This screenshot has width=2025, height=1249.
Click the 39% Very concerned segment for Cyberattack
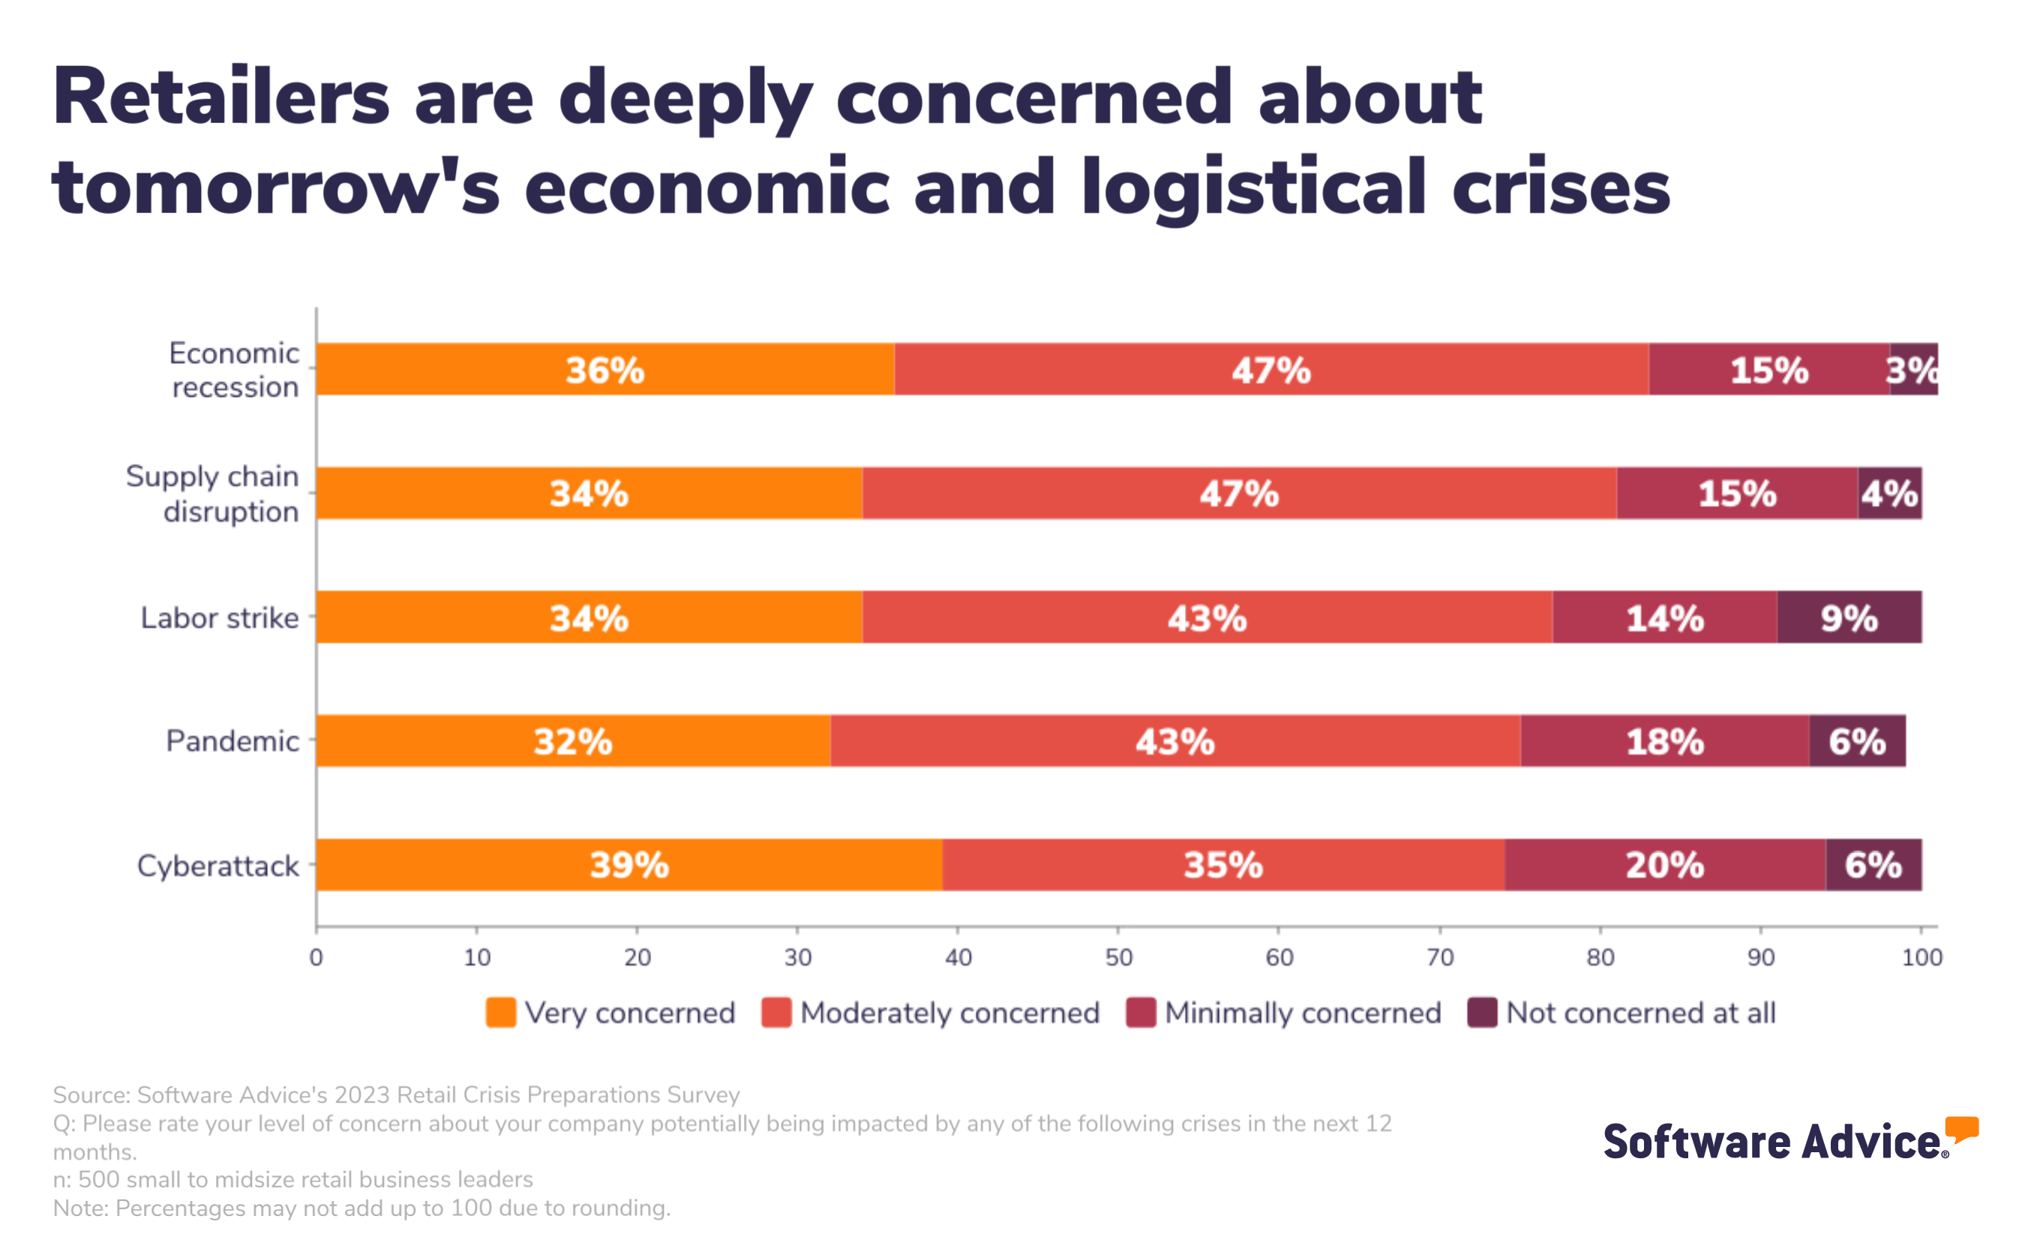(628, 865)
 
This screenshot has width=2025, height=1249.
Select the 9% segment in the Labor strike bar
(1848, 617)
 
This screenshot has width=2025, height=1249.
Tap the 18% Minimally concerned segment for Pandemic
(1664, 741)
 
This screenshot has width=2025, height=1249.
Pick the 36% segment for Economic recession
(604, 369)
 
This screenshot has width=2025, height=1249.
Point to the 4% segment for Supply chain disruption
(1888, 493)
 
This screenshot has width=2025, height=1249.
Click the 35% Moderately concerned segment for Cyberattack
(1222, 865)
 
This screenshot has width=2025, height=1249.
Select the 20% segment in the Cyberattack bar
(1664, 865)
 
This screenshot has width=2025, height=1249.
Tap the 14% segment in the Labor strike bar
(1664, 617)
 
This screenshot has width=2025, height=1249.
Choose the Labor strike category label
(219, 618)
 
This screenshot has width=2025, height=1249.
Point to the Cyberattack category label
(217, 866)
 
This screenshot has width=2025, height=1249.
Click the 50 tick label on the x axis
(1118, 957)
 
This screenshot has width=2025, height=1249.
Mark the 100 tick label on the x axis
(1921, 957)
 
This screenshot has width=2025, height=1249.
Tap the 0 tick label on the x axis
(316, 957)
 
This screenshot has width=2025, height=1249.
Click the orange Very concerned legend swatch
(500, 1013)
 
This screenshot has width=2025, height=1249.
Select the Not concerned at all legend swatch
(1481, 1013)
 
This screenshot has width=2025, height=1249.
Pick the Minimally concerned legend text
(1303, 1013)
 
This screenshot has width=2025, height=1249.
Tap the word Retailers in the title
(220, 98)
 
